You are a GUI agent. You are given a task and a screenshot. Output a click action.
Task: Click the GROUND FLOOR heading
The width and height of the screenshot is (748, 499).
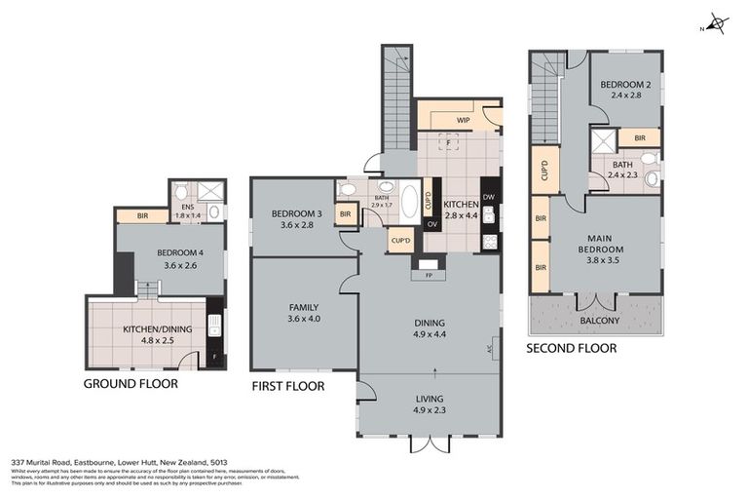[x=131, y=383]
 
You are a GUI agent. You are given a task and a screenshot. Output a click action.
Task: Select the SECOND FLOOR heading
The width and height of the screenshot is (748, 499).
[x=571, y=348]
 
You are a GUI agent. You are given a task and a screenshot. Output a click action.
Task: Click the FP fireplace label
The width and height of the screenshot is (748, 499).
[x=428, y=275]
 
